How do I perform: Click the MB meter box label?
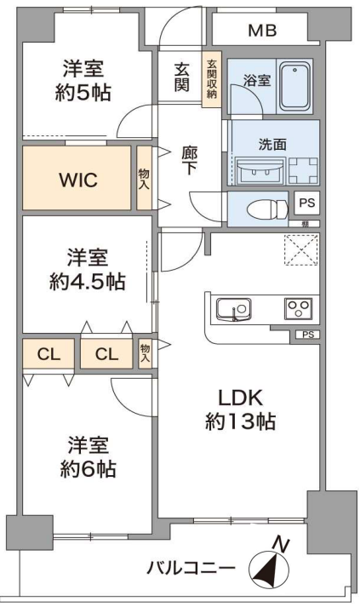pos(262,30)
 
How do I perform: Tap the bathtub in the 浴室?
pos(295,85)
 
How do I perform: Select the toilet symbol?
pos(267,209)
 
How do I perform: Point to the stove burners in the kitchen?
pos(299,308)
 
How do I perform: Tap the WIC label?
pos(78,180)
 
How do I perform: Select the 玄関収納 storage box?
pos(211,79)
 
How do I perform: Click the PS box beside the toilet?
pos(307,203)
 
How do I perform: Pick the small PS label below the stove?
pos(308,335)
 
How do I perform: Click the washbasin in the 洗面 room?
pos(260,170)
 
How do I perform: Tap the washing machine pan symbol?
pos(304,170)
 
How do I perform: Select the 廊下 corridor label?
pos(189,160)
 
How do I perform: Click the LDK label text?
pos(240,398)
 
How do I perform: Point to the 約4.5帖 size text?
pos(88,282)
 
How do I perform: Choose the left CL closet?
pos(49,354)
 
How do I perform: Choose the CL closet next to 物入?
pos(107,354)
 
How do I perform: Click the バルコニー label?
pos(191,569)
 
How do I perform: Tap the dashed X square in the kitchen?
pos(301,249)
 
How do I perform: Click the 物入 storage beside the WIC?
pos(144,178)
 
